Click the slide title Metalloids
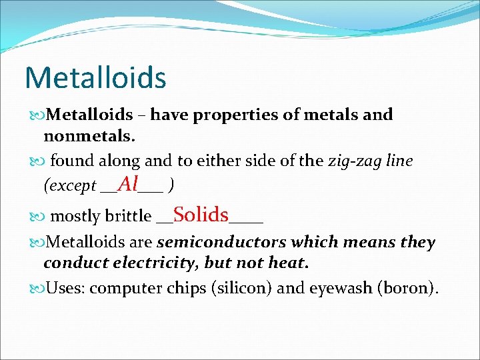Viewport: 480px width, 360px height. (x=95, y=77)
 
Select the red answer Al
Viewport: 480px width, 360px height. (x=127, y=184)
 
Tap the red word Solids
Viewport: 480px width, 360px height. (x=201, y=215)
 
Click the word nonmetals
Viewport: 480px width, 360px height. (x=89, y=137)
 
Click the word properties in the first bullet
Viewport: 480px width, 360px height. (x=241, y=115)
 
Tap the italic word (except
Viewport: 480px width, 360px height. (x=69, y=186)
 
